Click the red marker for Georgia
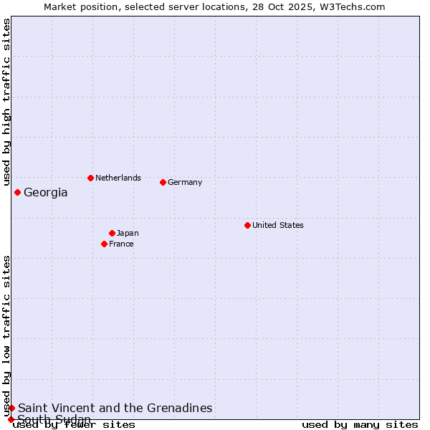point(17,192)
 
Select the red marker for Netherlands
point(90,178)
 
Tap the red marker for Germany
point(163,182)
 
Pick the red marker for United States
point(247,225)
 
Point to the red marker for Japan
point(112,233)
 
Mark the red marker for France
point(104,244)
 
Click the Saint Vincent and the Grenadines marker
point(11,408)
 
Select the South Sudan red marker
point(11,419)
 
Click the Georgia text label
point(46,192)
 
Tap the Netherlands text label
point(118,178)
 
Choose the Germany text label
point(185,182)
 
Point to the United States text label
point(278,225)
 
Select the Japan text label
point(128,233)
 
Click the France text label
point(121,244)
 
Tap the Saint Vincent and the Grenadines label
point(115,408)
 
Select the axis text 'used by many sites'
point(360,424)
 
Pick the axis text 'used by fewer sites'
point(74,424)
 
